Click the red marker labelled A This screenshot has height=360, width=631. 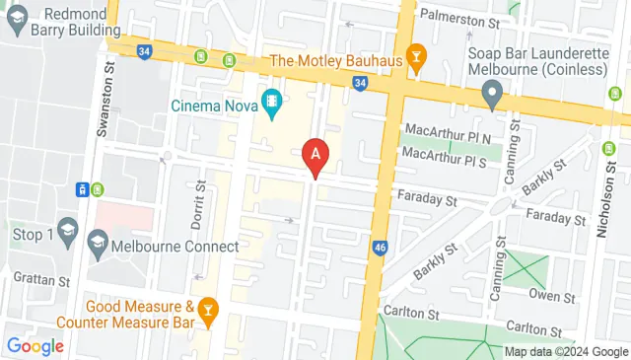point(315,155)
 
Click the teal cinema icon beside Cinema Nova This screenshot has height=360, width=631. point(272,101)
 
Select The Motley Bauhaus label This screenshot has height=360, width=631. point(335,60)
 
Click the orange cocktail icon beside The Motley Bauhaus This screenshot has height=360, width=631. point(416,59)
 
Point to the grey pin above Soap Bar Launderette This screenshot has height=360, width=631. point(493,96)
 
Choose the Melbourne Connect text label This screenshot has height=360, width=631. point(175,247)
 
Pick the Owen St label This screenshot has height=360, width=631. point(551,295)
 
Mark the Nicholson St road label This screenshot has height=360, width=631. point(603,232)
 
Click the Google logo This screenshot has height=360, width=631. point(35,346)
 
